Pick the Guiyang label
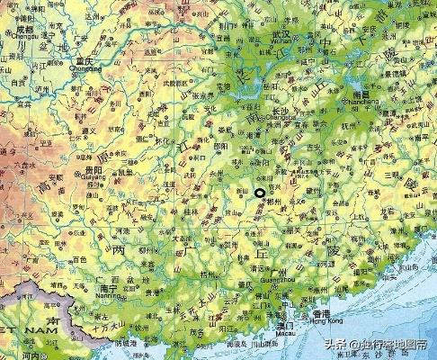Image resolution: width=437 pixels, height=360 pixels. point(89,175)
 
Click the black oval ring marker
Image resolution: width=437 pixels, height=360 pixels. point(260,193)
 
